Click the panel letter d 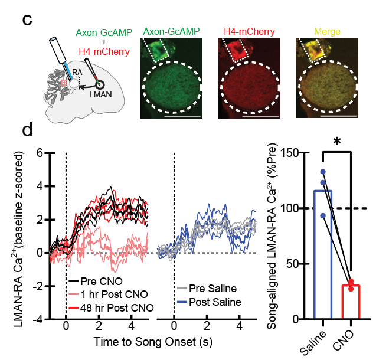[x=28, y=130]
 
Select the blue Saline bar [x=323, y=254]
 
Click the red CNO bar [x=351, y=302]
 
